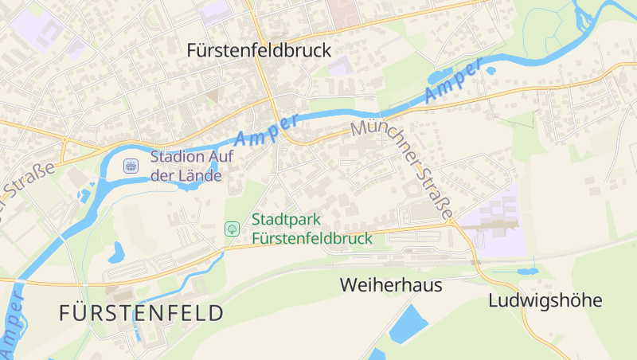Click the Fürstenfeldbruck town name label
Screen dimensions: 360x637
click(x=258, y=50)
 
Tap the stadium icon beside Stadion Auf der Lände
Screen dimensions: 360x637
click(x=131, y=166)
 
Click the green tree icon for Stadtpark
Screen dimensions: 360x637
click(x=232, y=229)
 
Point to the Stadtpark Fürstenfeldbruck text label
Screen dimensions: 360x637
click(x=311, y=229)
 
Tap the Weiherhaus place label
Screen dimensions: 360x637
click(x=390, y=284)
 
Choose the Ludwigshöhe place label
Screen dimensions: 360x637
click(x=545, y=300)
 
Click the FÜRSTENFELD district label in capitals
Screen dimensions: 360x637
click(x=141, y=313)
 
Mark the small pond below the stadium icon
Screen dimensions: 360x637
click(x=117, y=252)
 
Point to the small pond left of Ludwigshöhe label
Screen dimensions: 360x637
click(x=526, y=271)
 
